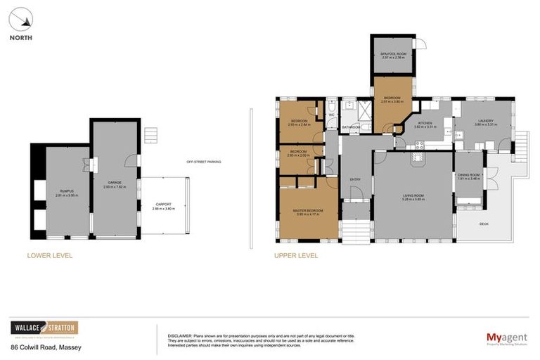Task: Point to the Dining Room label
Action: [x=469, y=176]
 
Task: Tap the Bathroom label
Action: [x=351, y=127]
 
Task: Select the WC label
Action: [x=331, y=114]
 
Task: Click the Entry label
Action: [x=355, y=179]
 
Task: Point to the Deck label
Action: [x=484, y=224]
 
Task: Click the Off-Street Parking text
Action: [x=204, y=162]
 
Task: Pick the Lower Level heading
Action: [x=49, y=256]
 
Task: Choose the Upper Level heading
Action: [x=296, y=256]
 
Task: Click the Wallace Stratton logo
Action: [x=44, y=328]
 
